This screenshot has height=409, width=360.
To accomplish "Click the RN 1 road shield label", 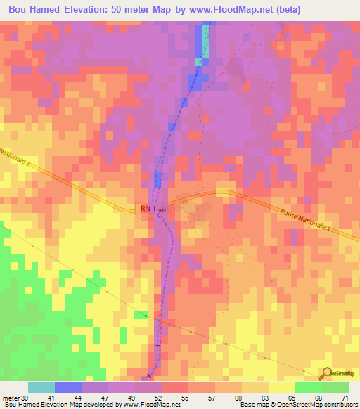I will (152, 209).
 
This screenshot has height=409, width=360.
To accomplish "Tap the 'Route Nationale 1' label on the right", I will (314, 223).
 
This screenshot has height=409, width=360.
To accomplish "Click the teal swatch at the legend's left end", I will (41, 387).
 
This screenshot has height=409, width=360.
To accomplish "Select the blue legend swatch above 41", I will (68, 387).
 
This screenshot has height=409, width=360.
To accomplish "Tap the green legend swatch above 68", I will (308, 387).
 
